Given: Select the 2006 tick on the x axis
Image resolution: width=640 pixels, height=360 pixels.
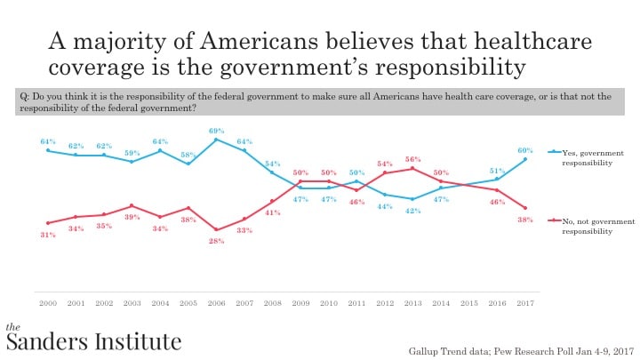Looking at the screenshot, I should [216, 303].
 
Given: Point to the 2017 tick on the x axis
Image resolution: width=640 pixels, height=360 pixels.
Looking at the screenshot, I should [524, 303].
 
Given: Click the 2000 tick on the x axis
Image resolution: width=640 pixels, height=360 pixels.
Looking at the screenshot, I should [48, 303].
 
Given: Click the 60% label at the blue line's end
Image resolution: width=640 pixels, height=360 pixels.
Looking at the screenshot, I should [525, 148].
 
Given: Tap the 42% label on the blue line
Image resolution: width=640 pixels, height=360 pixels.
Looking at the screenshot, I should [413, 211].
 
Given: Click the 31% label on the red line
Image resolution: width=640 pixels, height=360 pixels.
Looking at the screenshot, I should [49, 235].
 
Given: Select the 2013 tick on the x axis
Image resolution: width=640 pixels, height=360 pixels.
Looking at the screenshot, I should [412, 303].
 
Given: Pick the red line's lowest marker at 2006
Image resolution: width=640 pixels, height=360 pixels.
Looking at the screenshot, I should [216, 229].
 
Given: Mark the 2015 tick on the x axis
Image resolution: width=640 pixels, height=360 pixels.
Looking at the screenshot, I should [468, 303].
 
